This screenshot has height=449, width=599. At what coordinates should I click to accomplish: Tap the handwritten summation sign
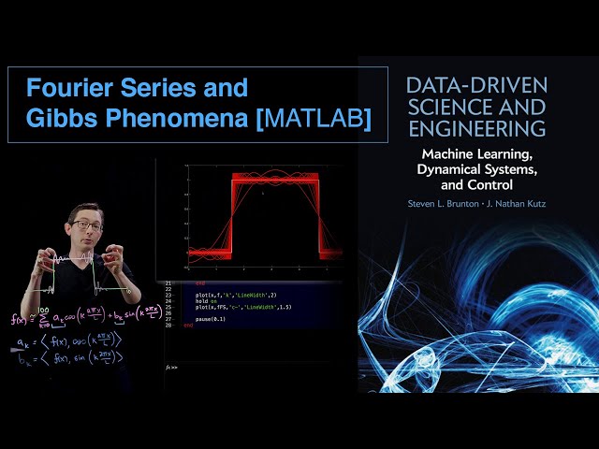pyautogui.click(x=44, y=318)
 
